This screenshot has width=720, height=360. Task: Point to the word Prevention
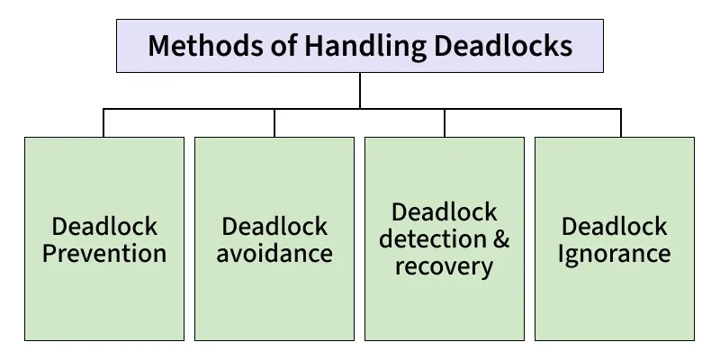[x=104, y=253]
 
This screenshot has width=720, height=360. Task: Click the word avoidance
[x=274, y=253]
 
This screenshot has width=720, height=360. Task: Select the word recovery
[x=445, y=266]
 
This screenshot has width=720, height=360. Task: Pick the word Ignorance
[x=615, y=253]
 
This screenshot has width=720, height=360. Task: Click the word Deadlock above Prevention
[x=104, y=226]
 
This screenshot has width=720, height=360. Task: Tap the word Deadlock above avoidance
[x=274, y=226]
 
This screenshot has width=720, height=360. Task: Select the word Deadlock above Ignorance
[x=615, y=226]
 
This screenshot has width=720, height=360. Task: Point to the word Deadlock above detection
[x=445, y=212]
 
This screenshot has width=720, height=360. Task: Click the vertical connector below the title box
[x=360, y=90]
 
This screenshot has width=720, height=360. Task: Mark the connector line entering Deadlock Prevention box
[x=103, y=123]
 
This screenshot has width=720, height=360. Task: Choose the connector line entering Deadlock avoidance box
[x=274, y=123]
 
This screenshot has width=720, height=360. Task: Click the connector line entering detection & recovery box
[x=445, y=123]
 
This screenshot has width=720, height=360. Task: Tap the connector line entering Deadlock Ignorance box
[x=621, y=123]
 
